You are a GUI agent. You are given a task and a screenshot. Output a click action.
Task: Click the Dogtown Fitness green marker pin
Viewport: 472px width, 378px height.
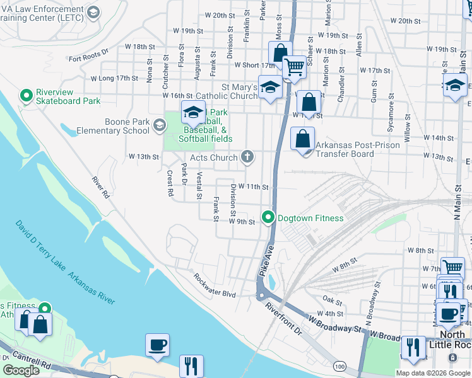(x=268, y=218)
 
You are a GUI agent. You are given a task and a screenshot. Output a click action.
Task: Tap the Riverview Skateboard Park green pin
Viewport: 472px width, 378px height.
(x=27, y=96)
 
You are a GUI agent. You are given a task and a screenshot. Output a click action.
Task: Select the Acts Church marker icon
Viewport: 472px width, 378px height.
(x=247, y=157)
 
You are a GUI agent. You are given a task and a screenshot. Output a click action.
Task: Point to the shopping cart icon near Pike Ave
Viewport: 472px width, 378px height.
(x=294, y=67)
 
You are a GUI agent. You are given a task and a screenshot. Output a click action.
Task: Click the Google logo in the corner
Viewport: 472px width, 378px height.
(x=21, y=370)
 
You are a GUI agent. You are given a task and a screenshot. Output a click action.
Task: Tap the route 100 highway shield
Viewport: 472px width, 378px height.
(x=340, y=366)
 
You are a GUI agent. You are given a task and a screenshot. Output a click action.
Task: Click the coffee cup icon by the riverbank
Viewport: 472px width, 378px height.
(x=157, y=345)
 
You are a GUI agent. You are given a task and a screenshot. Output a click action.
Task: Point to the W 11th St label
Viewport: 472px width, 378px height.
(x=253, y=187)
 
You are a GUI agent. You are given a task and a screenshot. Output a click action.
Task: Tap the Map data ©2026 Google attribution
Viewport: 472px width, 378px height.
(x=434, y=373)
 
